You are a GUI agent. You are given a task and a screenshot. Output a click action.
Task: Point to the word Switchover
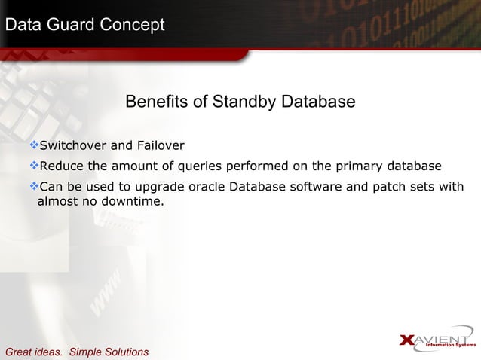coord(75,145)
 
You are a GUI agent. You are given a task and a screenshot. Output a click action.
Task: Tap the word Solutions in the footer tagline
coord(124,352)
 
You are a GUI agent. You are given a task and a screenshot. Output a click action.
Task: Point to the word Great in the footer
coord(19,352)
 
